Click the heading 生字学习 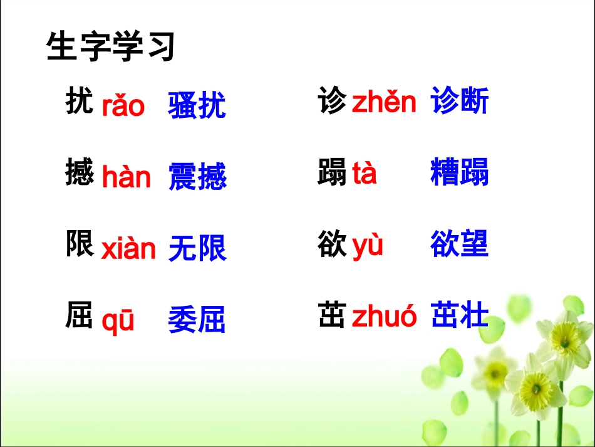(x=110, y=46)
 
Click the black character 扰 (x=80, y=102)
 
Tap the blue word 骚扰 (x=197, y=105)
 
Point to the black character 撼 (x=80, y=173)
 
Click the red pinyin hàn (x=127, y=177)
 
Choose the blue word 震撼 (x=197, y=177)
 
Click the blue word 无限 (x=197, y=248)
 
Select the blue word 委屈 (x=197, y=320)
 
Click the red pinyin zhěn (x=384, y=102)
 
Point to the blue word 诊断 (x=460, y=102)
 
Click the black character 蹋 (x=332, y=173)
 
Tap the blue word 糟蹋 (x=460, y=172)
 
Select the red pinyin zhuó (x=384, y=317)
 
